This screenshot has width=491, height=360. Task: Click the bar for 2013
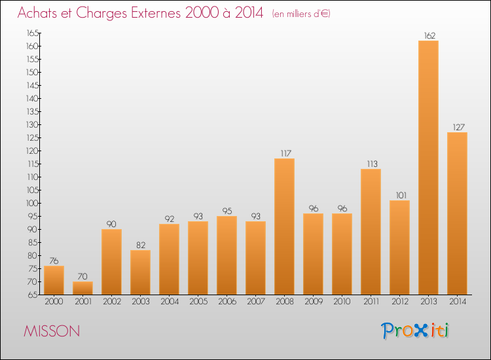point(428,168)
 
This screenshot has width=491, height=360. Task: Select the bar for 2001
point(82,288)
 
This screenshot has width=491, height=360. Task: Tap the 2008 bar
point(284,226)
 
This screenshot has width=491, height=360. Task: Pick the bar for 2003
point(140,272)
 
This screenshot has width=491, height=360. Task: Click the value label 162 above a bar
point(429,36)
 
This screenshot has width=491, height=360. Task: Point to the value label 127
point(458,128)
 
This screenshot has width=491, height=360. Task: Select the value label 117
point(285,153)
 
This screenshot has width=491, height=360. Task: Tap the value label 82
point(141,245)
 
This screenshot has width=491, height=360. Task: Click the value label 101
point(401,195)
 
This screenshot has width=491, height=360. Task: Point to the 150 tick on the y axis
point(33,72)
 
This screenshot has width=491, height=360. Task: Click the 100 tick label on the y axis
point(33,203)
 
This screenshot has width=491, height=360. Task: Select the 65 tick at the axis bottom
point(33,295)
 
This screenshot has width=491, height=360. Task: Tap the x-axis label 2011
point(371,302)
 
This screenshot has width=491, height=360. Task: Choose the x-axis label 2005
point(198,302)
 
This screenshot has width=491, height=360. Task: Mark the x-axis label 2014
point(458,302)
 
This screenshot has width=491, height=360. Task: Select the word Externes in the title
point(156,12)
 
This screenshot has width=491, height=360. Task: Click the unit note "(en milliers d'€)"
point(301,14)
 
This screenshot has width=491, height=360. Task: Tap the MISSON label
point(52,331)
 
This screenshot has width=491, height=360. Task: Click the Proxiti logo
point(415,331)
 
